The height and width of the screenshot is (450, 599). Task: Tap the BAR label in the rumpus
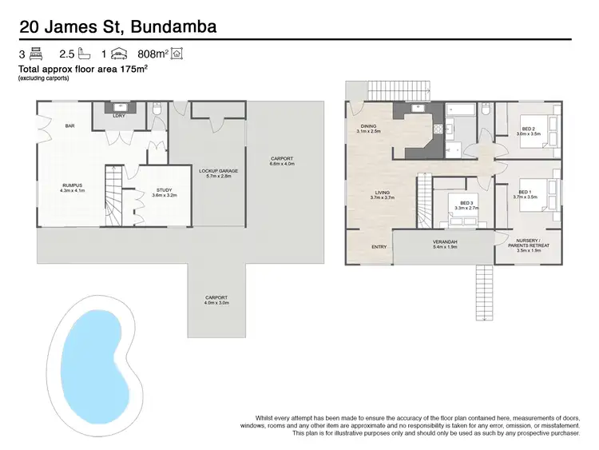pyautogui.click(x=69, y=125)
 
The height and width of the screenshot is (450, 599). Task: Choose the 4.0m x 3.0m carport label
pyautogui.click(x=216, y=300)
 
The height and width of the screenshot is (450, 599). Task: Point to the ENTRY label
pyautogui.click(x=379, y=246)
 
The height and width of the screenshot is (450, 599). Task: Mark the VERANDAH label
pyautogui.click(x=445, y=242)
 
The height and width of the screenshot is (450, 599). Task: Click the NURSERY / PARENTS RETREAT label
pyautogui.click(x=529, y=245)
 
